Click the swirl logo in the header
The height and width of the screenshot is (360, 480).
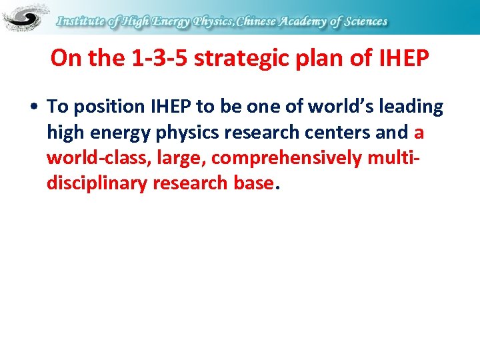[x=25, y=17]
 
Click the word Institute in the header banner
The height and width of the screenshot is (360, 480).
[x=80, y=21]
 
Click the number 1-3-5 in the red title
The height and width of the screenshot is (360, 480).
[x=159, y=59]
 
